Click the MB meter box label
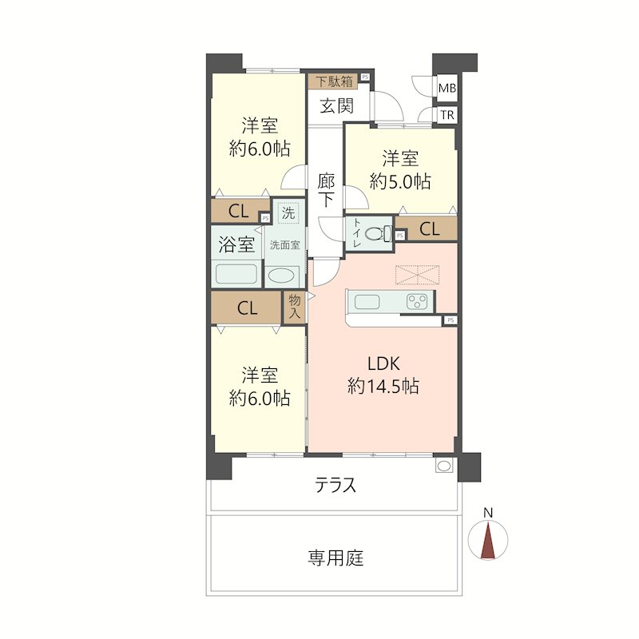coord(447,89)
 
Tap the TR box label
coord(447,115)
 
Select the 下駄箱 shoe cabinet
coord(334,81)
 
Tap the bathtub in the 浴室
coord(236,274)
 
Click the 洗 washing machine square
coord(287,213)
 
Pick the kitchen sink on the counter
coord(370,302)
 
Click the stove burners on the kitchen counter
coord(417,302)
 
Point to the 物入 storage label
coord(294,307)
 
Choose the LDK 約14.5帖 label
coord(383,375)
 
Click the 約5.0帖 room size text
coord(399,181)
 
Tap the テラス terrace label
coord(335,485)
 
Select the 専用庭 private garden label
coord(335,558)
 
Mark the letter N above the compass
coord(489,513)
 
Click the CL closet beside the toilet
coord(429,229)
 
